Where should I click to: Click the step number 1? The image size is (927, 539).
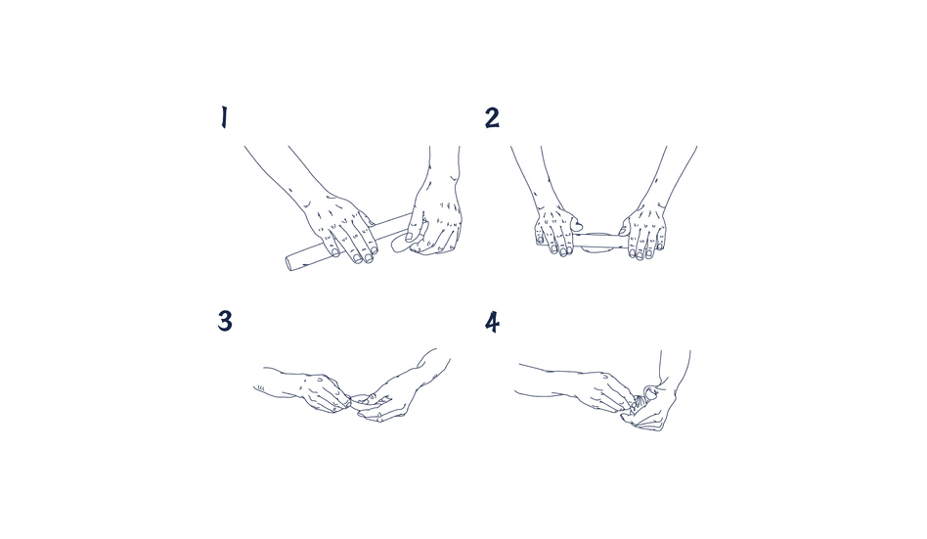point(224,117)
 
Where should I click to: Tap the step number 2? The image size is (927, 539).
point(492,117)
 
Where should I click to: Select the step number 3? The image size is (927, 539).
point(225,321)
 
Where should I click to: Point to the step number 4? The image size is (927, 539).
point(493,323)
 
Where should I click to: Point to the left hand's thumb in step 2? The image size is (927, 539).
point(575,223)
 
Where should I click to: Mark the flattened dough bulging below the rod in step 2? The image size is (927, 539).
point(597,250)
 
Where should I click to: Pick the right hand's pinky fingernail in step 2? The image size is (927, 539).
point(660,244)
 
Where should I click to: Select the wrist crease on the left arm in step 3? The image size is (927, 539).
point(260,389)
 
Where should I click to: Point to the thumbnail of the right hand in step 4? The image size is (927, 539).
point(649,390)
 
